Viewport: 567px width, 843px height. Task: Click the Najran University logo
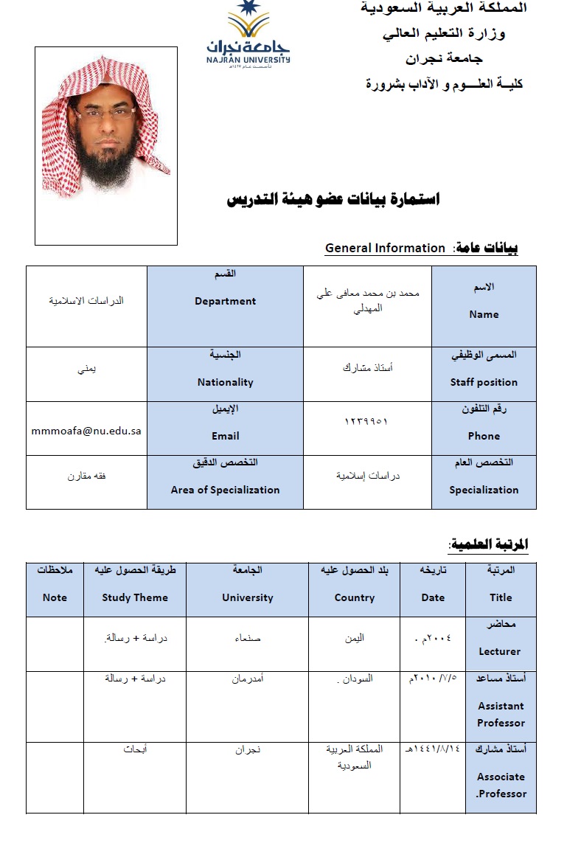tap(248, 35)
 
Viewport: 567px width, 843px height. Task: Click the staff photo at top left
tap(106, 145)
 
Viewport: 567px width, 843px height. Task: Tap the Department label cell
tap(225, 301)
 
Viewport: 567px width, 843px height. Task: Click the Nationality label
tap(225, 382)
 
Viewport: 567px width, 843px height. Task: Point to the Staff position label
tap(484, 382)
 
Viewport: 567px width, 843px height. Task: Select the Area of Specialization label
tap(225, 490)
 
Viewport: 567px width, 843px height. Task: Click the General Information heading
tap(385, 249)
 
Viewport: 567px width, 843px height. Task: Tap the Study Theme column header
tap(135, 597)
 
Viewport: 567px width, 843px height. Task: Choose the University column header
tap(247, 597)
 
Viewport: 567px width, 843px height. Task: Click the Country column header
tap(355, 597)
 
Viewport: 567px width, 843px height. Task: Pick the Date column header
tap(433, 597)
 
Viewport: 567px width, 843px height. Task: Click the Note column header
tap(55, 597)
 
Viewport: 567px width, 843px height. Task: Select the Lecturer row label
tap(500, 651)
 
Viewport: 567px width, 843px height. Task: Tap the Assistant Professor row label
tap(501, 714)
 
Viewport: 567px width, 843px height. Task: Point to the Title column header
tap(501, 597)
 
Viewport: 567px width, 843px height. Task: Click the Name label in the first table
tap(484, 314)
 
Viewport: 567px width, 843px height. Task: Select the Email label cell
tap(225, 436)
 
